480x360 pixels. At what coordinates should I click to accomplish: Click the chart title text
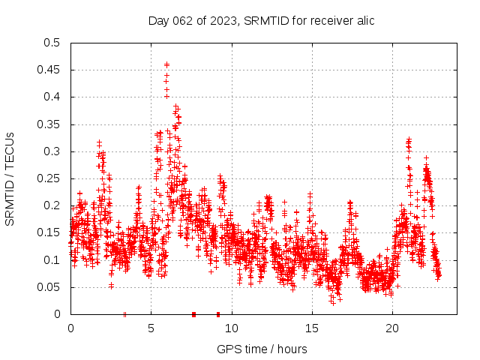pos(261,20)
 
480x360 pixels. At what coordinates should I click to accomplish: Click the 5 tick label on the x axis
pos(151,328)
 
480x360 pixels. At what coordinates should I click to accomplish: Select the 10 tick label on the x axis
pos(232,328)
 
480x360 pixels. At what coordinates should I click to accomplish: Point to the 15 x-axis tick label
pos(312,328)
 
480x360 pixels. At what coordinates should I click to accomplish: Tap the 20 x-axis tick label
pos(392,328)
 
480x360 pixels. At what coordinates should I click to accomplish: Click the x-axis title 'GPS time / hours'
pos(261,349)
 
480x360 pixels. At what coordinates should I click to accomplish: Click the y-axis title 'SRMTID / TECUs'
pos(10,178)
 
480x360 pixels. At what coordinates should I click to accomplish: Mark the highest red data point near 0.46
pos(166,64)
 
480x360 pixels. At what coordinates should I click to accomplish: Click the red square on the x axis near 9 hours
pos(218,314)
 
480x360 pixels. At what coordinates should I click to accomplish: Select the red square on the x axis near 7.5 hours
pos(193,314)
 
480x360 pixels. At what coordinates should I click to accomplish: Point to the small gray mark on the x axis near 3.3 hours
pos(124,314)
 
